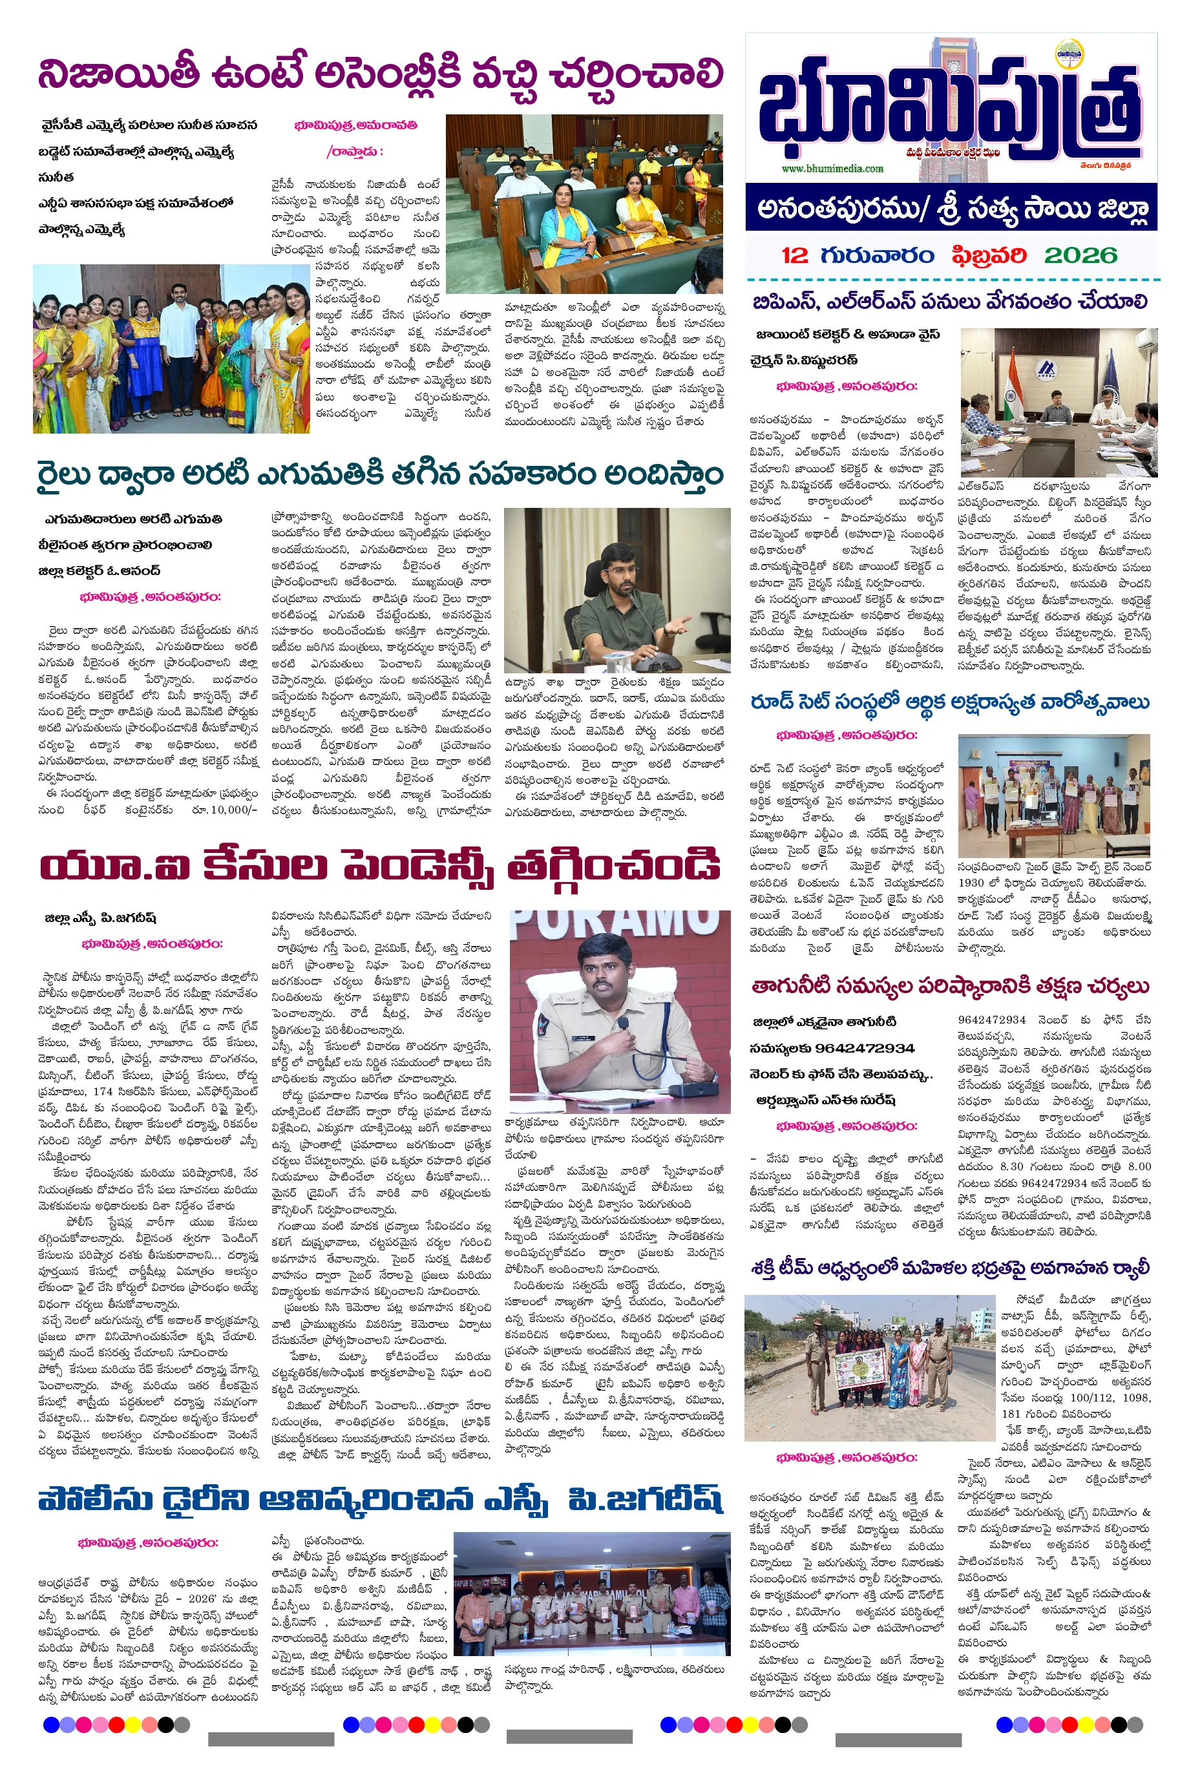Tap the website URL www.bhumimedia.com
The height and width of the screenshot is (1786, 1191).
[x=832, y=169]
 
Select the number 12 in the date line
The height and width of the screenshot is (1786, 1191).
[x=794, y=255]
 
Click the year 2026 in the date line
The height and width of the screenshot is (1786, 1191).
[x=1079, y=255]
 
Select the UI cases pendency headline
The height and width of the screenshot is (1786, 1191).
[x=380, y=866]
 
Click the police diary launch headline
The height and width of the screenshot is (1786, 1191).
[x=380, y=1500]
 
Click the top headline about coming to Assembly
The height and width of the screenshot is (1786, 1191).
[x=380, y=74]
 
